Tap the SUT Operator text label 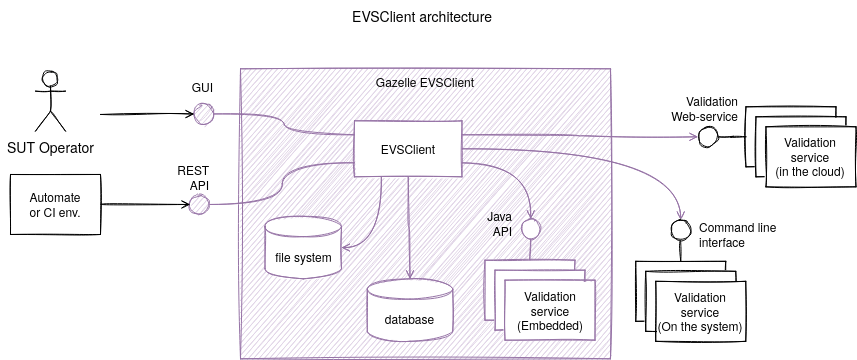coord(50,148)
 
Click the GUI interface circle coord(203,114)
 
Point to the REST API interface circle coord(199,205)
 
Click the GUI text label coord(202,88)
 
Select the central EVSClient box coord(407,149)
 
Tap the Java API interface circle coord(531,229)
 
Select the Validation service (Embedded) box coord(549,311)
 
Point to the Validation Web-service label coord(704,109)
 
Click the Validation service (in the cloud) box coord(809,157)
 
